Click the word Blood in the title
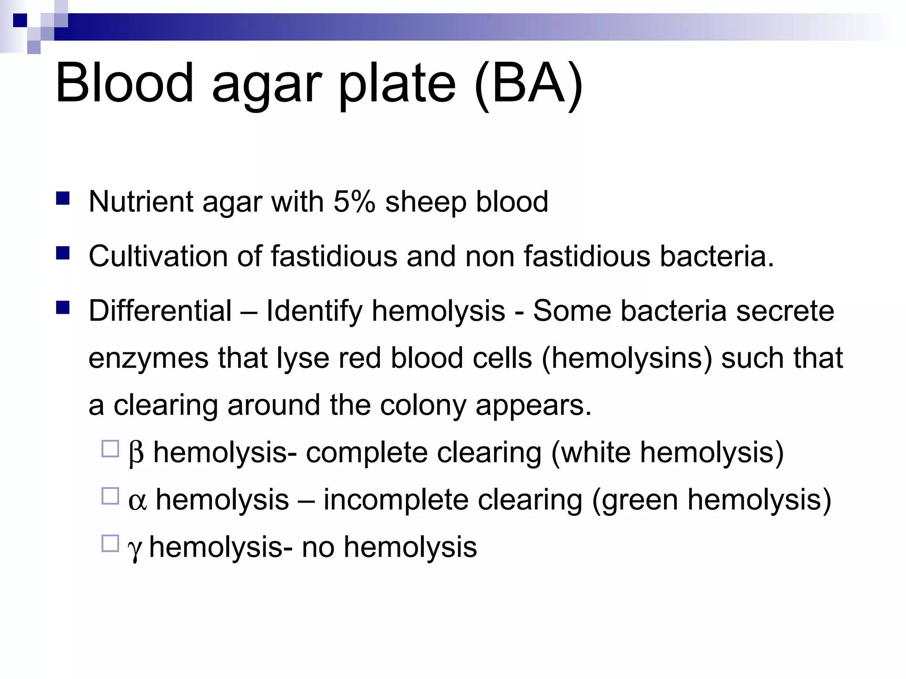coord(124,83)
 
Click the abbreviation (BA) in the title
coord(529,84)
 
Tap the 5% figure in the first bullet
coord(354,202)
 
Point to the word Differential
coord(160,310)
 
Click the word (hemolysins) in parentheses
coord(627,358)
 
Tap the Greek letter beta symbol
coord(136,453)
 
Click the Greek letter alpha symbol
coord(137,501)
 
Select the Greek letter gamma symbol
coord(134,549)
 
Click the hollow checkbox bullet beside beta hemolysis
coord(110,449)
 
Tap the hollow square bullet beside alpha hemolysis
coord(110,496)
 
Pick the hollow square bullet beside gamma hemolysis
coord(110,543)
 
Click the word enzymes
coord(148,359)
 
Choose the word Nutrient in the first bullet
coord(141,202)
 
